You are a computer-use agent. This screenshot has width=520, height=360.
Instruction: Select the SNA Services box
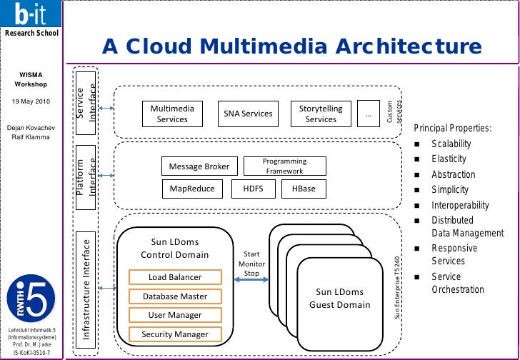[248, 114]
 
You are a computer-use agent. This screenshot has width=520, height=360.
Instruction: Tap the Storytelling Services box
[321, 114]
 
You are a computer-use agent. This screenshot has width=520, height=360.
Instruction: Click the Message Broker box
[199, 166]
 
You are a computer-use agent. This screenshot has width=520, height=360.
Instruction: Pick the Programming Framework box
[284, 166]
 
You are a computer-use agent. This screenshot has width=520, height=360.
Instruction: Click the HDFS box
[253, 189]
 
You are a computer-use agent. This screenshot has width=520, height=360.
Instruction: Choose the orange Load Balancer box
[175, 277]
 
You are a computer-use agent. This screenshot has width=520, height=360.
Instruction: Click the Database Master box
[175, 296]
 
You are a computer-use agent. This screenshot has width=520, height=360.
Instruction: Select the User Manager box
[175, 315]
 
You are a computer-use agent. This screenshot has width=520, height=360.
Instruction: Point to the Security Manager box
[175, 334]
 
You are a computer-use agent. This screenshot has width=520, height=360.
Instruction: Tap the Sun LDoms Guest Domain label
[339, 299]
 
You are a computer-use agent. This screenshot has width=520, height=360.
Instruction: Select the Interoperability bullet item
[460, 205]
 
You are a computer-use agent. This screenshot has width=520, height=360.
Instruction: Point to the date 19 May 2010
[31, 102]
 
